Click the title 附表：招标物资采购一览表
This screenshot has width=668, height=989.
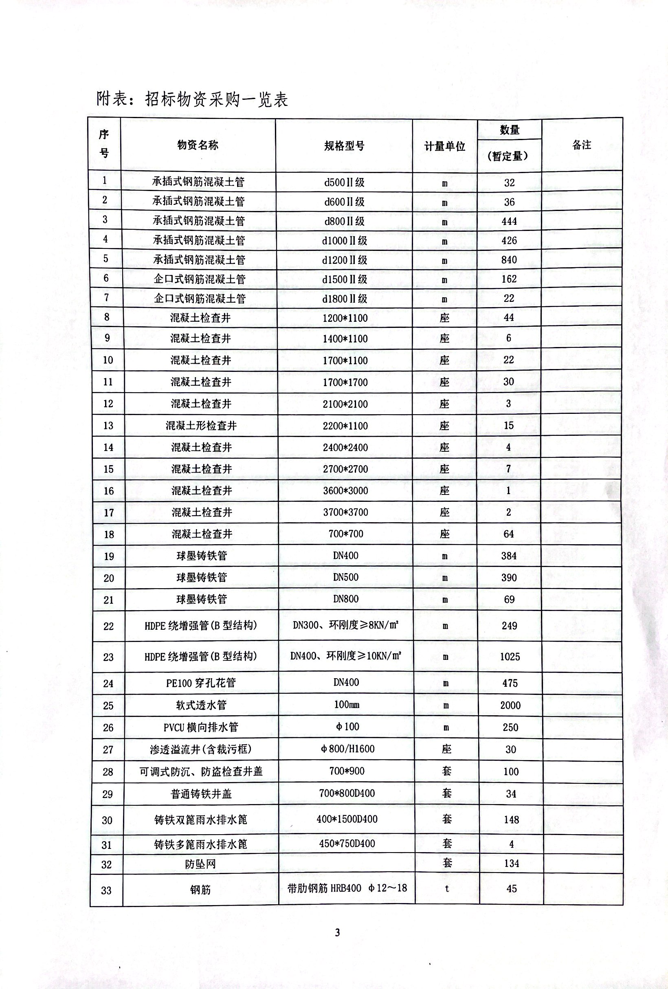(192, 99)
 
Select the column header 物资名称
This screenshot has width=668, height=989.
(198, 145)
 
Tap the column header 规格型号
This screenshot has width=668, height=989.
(344, 146)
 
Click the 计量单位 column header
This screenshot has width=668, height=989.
(445, 146)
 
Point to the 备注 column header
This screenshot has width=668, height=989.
(582, 145)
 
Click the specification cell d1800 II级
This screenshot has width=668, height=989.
(345, 299)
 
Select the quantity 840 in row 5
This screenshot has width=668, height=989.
(509, 259)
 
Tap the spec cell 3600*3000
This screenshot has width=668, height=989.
(345, 491)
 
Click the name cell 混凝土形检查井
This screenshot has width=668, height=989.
(201, 426)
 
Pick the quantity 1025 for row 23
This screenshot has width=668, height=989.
(510, 657)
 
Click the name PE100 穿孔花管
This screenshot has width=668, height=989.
(201, 683)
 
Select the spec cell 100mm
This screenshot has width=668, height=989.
(347, 705)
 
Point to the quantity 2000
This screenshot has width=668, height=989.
(510, 705)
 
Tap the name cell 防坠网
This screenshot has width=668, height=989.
(200, 864)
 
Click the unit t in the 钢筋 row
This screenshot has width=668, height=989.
(447, 888)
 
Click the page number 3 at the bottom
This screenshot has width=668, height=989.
(337, 932)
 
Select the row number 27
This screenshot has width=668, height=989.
(108, 749)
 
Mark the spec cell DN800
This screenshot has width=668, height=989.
(346, 599)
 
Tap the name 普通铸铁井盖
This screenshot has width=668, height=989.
(201, 793)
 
